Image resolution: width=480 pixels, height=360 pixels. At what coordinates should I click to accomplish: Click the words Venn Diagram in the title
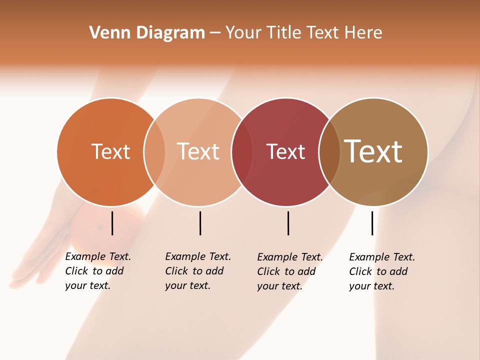tap(147, 33)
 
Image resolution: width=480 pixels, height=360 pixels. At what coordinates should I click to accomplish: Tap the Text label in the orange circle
tap(110, 151)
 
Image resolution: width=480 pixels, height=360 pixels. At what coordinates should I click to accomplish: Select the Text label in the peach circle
tap(198, 151)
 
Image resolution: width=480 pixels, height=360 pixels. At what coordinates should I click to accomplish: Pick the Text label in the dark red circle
tap(285, 151)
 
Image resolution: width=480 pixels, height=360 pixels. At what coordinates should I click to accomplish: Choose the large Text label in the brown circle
tap(373, 151)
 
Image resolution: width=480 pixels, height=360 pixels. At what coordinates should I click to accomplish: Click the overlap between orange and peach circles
tap(154, 152)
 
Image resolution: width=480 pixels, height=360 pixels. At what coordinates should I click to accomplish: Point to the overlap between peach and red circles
tap(241, 152)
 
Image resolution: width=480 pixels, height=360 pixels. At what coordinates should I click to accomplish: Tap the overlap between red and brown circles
tap(329, 152)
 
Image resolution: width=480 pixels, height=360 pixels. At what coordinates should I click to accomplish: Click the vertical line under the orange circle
tap(112, 223)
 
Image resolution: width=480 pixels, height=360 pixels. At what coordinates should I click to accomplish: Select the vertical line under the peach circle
tap(200, 223)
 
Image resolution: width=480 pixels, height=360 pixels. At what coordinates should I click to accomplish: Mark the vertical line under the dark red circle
tap(288, 223)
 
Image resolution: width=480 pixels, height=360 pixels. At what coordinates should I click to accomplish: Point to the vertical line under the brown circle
tap(372, 223)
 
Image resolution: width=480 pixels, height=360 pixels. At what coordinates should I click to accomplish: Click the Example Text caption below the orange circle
tap(97, 271)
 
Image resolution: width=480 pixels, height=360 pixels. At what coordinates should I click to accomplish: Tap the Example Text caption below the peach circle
tap(197, 271)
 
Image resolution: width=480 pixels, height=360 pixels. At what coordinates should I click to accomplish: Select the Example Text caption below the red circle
tap(289, 271)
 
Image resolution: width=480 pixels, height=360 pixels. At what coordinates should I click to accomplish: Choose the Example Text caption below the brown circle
tap(381, 271)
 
